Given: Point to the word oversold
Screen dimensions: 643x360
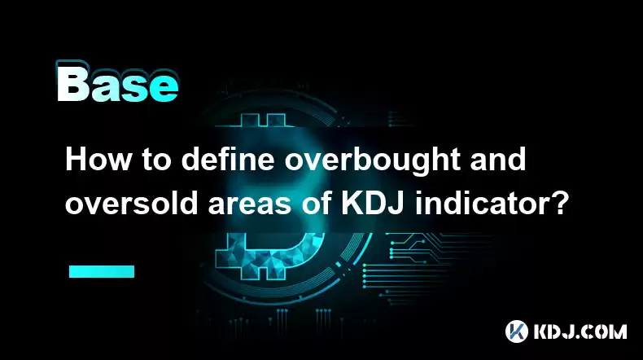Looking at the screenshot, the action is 132,203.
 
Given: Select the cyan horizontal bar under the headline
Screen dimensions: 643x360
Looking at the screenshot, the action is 102,271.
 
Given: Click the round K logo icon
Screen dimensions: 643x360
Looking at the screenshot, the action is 516,331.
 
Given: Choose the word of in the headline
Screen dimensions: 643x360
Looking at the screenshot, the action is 317,203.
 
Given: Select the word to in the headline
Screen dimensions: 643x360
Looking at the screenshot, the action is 156,161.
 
